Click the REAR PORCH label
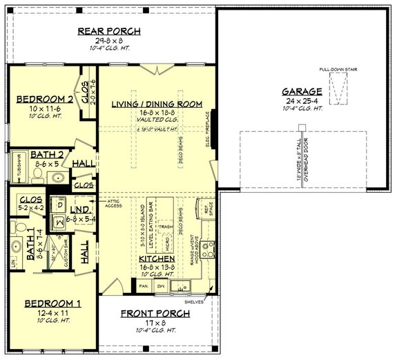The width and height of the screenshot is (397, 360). [x=109, y=31]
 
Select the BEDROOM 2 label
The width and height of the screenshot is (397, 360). [x=44, y=100]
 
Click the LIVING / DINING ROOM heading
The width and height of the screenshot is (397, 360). [x=157, y=104]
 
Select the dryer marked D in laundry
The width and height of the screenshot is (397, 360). [x=60, y=205]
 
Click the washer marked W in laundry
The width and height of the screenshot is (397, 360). [x=60, y=221]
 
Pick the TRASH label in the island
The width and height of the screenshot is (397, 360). [x=166, y=226]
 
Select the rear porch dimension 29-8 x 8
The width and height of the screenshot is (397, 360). [x=109, y=40]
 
